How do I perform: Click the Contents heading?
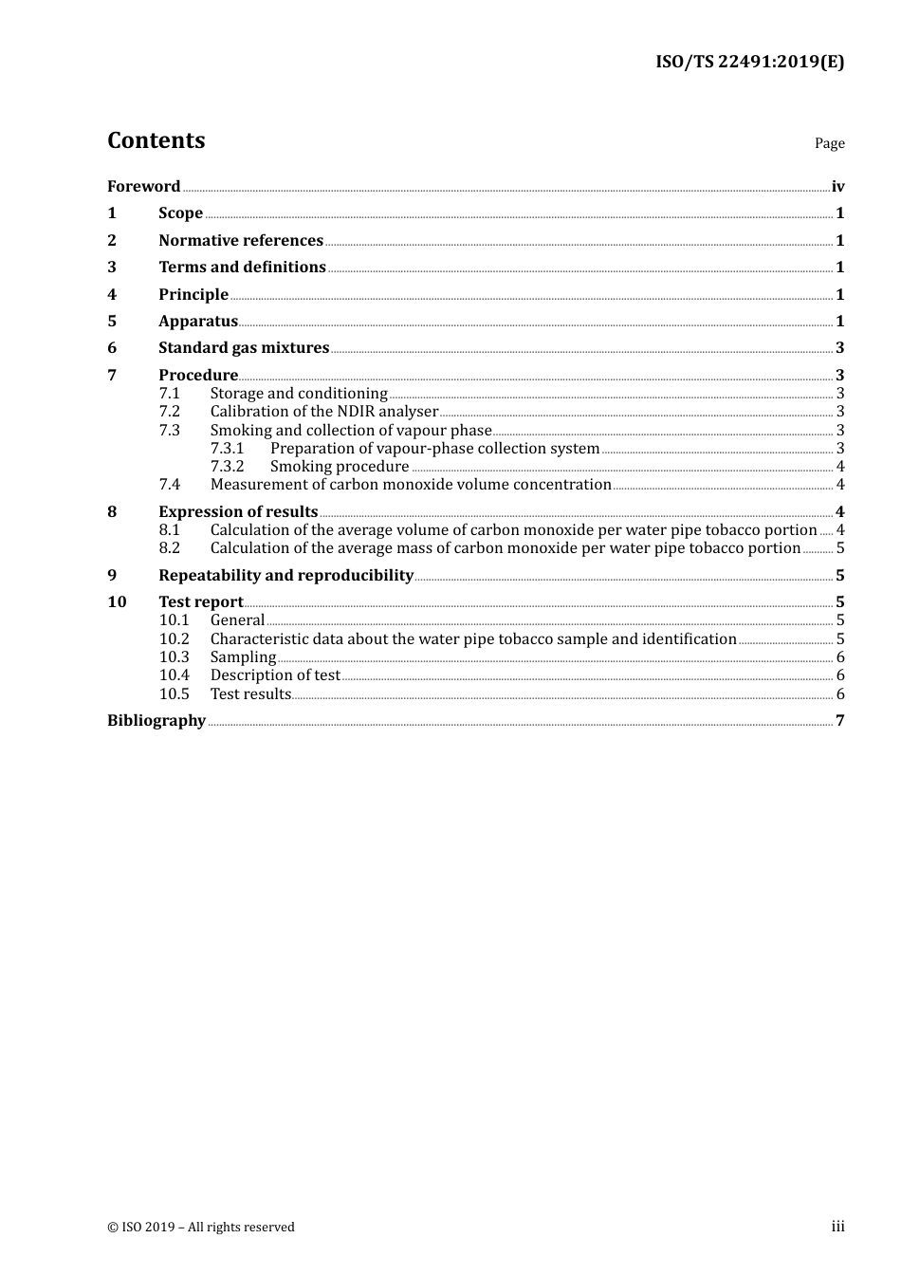tap(156, 140)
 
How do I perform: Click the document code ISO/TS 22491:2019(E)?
tap(749, 63)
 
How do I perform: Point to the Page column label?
tap(829, 143)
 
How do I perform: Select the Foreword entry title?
tap(143, 187)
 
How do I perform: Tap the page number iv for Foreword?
tap(837, 187)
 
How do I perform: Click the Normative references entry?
tap(241, 241)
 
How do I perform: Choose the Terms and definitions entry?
tap(242, 268)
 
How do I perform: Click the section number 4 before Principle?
tap(112, 295)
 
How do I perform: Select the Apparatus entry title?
tap(197, 322)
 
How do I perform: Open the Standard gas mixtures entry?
tap(244, 348)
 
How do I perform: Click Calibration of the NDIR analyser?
tap(323, 412)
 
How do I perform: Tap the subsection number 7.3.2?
tap(227, 467)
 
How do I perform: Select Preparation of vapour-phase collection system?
tap(434, 449)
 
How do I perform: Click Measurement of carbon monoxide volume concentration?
tap(411, 485)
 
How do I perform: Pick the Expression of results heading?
tap(238, 512)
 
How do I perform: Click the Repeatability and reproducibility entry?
tap(285, 576)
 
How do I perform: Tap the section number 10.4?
tap(174, 675)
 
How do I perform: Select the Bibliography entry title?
tap(156, 721)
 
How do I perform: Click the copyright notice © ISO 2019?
tap(201, 1228)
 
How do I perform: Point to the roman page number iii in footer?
tap(837, 1227)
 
